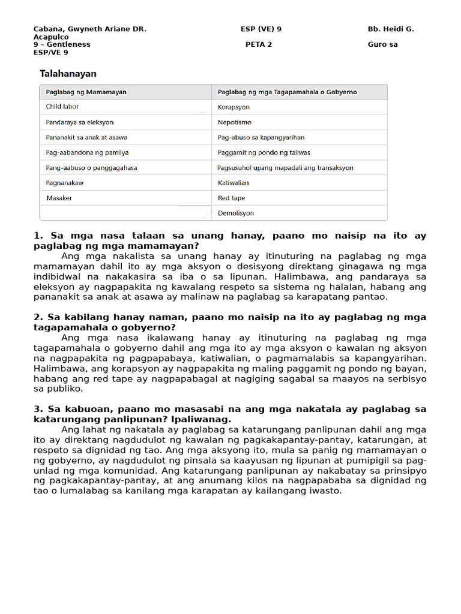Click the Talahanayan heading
(68, 74)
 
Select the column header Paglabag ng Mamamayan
(86, 92)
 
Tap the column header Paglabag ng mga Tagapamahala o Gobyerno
(287, 92)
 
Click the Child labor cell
(62, 107)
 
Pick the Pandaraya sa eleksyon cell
(79, 122)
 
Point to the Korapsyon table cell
(234, 107)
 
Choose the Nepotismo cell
(235, 122)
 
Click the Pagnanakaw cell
(65, 182)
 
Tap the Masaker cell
(59, 198)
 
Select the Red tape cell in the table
(231, 198)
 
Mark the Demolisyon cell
(235, 213)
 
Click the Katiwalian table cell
(233, 182)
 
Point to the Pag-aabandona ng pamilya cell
(87, 152)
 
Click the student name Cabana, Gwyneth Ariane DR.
(90, 29)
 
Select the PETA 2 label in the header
(259, 44)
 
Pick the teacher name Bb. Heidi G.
(391, 29)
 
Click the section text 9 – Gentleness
(62, 44)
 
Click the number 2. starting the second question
(38, 317)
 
